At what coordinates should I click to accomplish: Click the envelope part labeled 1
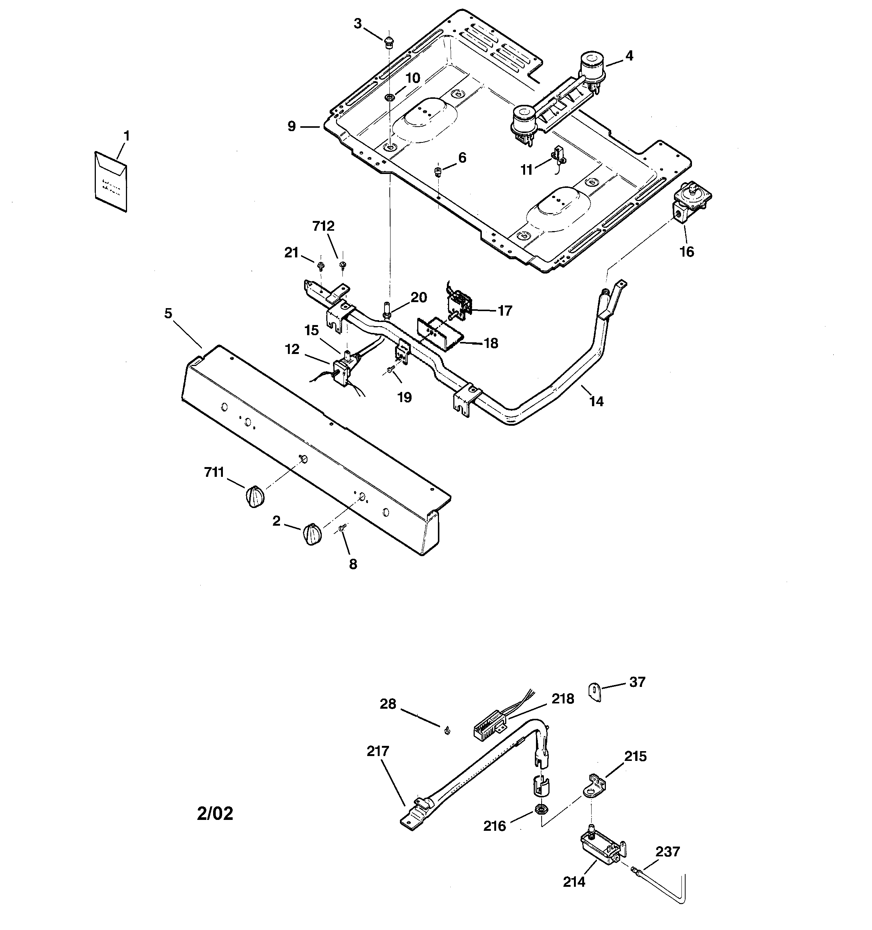(x=111, y=181)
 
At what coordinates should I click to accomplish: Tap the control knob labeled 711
(x=254, y=496)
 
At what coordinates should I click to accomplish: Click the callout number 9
(x=292, y=126)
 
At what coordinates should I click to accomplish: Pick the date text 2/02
(x=215, y=813)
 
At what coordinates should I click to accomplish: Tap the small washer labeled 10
(x=389, y=97)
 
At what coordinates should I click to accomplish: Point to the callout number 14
(x=596, y=401)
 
